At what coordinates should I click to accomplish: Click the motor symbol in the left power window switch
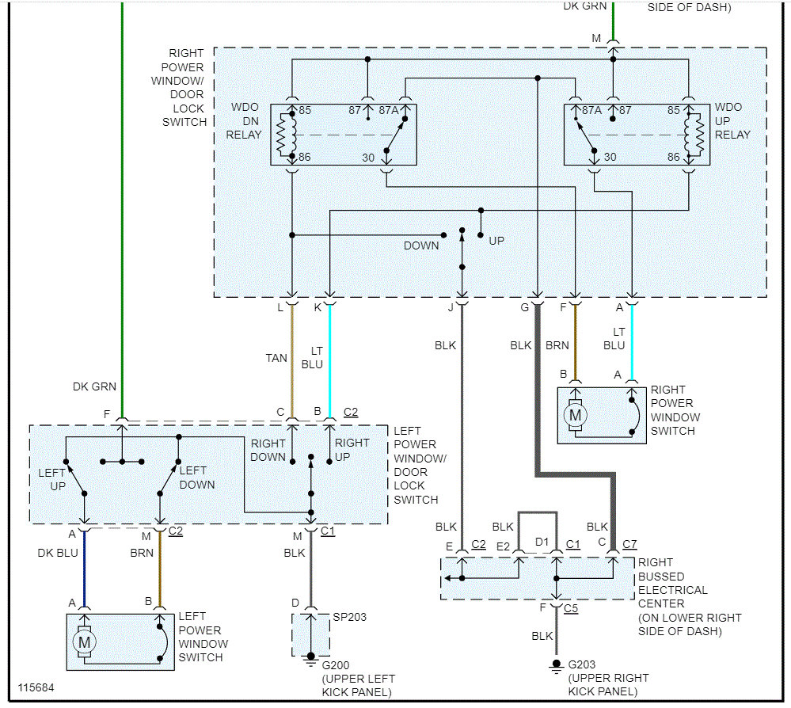click(x=84, y=642)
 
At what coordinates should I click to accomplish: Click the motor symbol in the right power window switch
click(x=575, y=415)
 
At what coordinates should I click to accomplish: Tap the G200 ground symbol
click(x=310, y=659)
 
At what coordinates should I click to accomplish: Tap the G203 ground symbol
click(x=556, y=667)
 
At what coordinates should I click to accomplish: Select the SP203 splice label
click(x=349, y=617)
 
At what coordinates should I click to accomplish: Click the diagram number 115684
click(x=36, y=687)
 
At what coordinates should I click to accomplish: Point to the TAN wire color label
click(x=276, y=358)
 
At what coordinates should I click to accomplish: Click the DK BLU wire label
click(x=58, y=553)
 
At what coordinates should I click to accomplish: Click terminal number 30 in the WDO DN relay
click(x=368, y=158)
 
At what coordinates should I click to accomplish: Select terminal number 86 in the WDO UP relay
click(x=674, y=157)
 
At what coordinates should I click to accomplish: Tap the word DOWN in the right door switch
click(x=421, y=246)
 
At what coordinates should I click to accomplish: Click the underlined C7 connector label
click(x=629, y=544)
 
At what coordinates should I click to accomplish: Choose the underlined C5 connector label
click(x=571, y=608)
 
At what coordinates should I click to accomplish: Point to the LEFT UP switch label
click(x=52, y=479)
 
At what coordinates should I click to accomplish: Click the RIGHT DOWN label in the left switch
click(x=268, y=450)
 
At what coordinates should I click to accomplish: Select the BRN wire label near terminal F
click(x=557, y=345)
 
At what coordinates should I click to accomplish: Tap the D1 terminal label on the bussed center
click(x=542, y=542)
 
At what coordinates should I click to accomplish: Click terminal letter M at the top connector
click(x=596, y=38)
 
